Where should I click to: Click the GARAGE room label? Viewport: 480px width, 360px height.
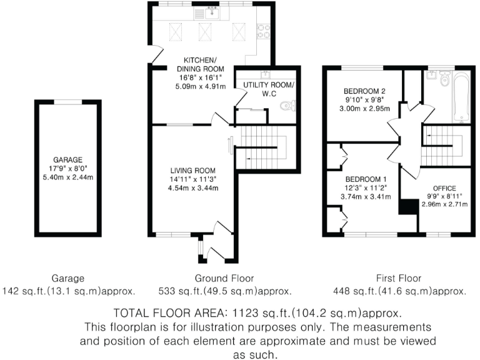pos(68,159)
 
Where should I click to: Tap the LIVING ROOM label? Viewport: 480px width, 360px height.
pos(193,170)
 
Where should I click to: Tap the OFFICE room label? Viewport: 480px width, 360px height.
pos(444,187)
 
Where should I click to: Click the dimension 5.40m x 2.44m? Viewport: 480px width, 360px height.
pos(68,177)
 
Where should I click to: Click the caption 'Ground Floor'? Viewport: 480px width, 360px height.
pos(224,278)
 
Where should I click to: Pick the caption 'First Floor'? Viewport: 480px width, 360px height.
pos(399,278)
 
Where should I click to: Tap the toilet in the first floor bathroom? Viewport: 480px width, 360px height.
pos(444,79)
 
